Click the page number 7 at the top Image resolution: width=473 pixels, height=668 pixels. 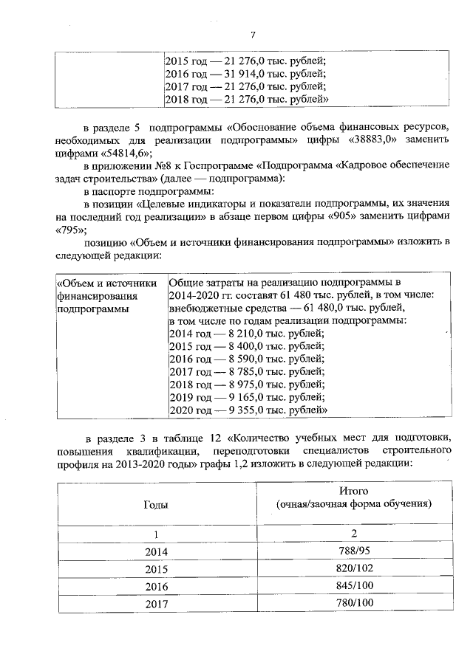coord(253,34)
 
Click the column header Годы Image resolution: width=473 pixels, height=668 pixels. coord(155,504)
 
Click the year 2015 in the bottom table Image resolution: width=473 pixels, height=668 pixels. coord(155,570)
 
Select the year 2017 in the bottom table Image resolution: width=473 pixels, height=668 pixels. coord(155,604)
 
